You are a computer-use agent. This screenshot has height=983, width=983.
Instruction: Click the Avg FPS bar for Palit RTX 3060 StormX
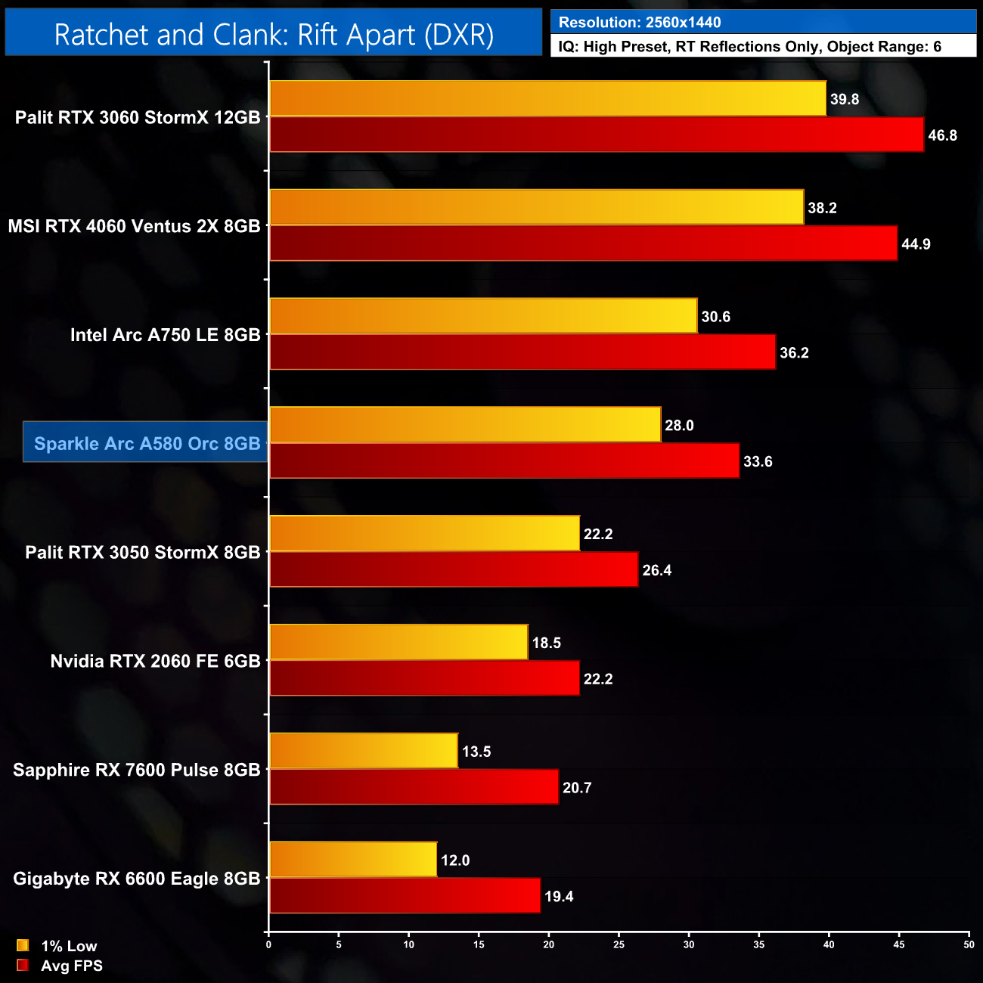tap(597, 135)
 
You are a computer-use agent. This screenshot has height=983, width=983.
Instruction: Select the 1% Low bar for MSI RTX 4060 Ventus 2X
tap(536, 207)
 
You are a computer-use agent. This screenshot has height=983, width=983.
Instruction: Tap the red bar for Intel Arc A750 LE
tap(523, 352)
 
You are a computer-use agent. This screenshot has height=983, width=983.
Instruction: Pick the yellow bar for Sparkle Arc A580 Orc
tap(465, 425)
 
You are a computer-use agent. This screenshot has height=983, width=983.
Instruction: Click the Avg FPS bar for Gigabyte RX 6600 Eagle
tap(405, 896)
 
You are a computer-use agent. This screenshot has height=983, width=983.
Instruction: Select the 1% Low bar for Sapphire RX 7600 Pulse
tap(363, 751)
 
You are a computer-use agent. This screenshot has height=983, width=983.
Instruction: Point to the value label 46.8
tap(942, 135)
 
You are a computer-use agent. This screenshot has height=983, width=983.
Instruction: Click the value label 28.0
tap(679, 426)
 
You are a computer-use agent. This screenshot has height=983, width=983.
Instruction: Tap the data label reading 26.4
tap(656, 570)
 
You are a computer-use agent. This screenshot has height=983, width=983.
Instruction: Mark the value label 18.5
tap(546, 643)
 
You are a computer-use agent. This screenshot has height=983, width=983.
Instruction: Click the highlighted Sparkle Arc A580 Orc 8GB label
tap(147, 443)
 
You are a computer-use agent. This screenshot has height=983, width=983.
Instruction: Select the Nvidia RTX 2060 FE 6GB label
tap(155, 661)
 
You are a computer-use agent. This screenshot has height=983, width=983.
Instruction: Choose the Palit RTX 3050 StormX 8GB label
tap(142, 552)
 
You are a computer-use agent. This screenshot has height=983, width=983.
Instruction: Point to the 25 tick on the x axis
tap(619, 944)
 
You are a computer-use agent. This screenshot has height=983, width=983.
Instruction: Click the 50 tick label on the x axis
tap(969, 944)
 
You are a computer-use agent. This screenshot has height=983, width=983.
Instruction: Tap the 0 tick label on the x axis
tap(268, 944)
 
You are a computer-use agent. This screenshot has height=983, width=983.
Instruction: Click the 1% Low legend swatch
tap(23, 945)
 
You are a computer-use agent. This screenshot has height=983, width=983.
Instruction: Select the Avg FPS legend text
tap(71, 966)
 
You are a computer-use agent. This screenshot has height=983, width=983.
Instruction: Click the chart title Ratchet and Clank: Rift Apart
tap(274, 35)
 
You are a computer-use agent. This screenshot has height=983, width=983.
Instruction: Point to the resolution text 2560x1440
tap(683, 22)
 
